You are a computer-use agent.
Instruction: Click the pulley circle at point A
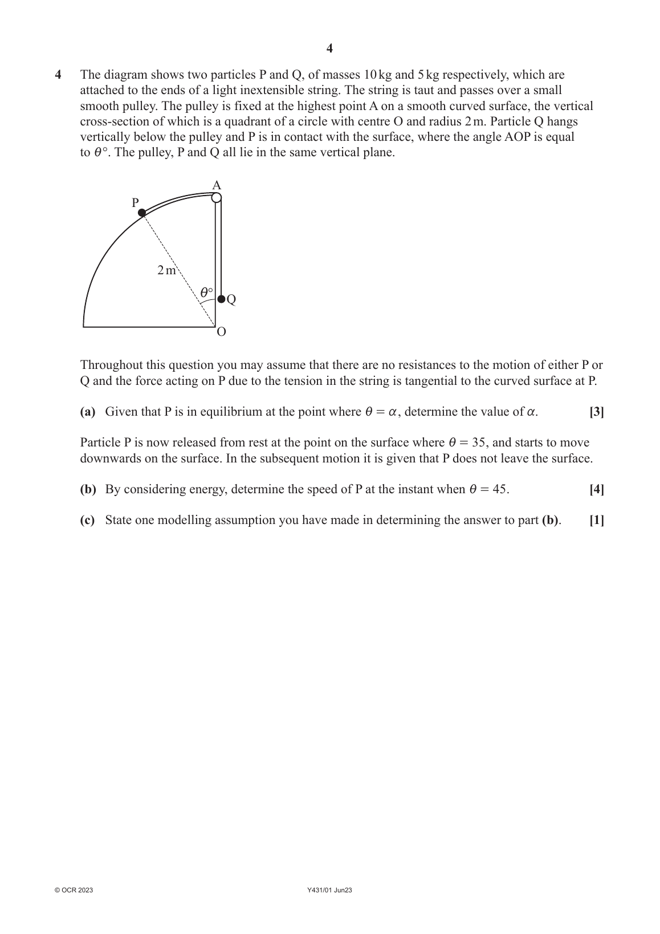tap(217, 198)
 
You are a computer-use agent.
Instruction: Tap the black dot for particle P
tap(142, 213)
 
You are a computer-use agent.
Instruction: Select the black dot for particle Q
tap(221, 299)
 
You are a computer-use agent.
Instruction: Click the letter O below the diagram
tap(221, 332)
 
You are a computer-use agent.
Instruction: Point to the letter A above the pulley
tap(217, 185)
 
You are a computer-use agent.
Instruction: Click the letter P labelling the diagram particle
tap(135, 202)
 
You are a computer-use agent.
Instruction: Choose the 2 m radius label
tap(166, 270)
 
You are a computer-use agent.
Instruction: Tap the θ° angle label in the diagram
tap(206, 293)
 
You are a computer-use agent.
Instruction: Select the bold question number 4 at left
tap(58, 75)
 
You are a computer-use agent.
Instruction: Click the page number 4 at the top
tap(329, 48)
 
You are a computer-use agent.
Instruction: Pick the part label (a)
tap(88, 412)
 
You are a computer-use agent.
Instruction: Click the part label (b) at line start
tap(88, 489)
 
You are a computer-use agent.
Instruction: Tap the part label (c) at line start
tap(88, 520)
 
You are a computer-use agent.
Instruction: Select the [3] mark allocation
tap(596, 412)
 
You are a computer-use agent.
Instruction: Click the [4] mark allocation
tap(596, 489)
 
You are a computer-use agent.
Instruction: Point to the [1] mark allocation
tap(596, 520)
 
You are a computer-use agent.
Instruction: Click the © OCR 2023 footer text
tap(74, 890)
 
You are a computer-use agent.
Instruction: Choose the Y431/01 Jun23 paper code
tap(329, 890)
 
